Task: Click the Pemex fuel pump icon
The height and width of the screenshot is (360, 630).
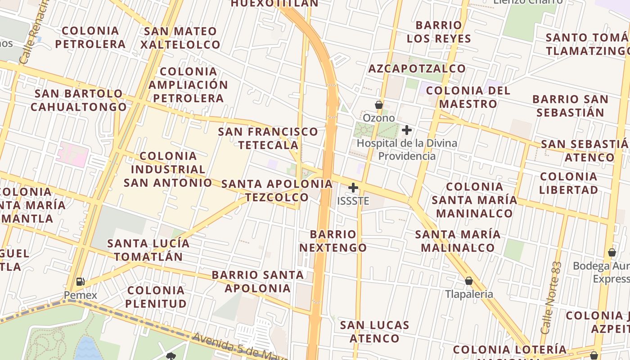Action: click(80, 282)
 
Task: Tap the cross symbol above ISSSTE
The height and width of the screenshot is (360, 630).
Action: click(353, 187)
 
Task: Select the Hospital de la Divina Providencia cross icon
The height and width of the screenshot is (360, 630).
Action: click(407, 130)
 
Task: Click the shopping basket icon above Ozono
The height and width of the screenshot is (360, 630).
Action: click(379, 105)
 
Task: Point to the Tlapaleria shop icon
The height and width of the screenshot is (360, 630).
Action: click(469, 281)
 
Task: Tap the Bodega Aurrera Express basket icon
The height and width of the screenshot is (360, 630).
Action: click(612, 252)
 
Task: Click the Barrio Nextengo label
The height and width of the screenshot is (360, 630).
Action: click(333, 241)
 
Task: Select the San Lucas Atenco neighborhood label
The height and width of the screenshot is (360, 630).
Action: click(374, 332)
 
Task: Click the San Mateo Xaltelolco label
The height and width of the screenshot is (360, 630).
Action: click(180, 38)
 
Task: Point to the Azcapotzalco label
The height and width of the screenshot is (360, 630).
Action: click(417, 68)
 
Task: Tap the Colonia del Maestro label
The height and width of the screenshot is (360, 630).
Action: click(468, 97)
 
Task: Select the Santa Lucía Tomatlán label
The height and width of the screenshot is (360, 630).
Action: click(148, 250)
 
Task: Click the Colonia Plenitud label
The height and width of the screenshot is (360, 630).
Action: click(156, 297)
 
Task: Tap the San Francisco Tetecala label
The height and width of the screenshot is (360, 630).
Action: click(268, 138)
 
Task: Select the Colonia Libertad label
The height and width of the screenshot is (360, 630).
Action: click(568, 183)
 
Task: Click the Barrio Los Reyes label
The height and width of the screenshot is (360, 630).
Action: click(439, 31)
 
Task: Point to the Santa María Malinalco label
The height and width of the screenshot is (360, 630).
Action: click(458, 241)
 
